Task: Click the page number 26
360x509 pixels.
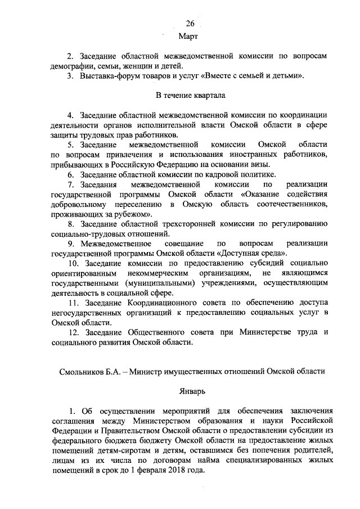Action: pyautogui.click(x=190, y=23)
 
